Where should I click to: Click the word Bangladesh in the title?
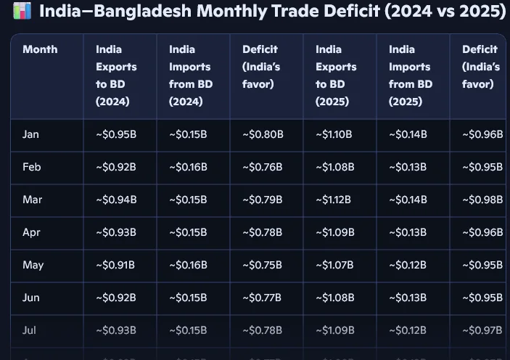pyautogui.click(x=137, y=12)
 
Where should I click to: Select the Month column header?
pyautogui.click(x=40, y=49)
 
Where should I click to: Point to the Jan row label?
pyautogui.click(x=31, y=134)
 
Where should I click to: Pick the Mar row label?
pyautogui.click(x=32, y=200)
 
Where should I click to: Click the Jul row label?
pyautogui.click(x=30, y=330)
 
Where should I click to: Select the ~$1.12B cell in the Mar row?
pyautogui.click(x=334, y=200)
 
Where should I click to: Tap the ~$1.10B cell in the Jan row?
pyautogui.click(x=334, y=134)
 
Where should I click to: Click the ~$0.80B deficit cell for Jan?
pyautogui.click(x=263, y=134)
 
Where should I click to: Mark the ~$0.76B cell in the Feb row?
pyautogui.click(x=263, y=167)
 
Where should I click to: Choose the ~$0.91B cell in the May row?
pyautogui.click(x=115, y=265)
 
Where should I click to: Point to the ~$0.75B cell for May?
pyautogui.click(x=263, y=265)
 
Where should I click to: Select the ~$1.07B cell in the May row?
pyautogui.click(x=334, y=265)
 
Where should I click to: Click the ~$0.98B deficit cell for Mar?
pyautogui.click(x=483, y=200)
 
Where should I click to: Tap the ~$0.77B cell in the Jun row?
pyautogui.click(x=262, y=298)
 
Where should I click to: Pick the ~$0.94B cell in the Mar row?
pyautogui.click(x=116, y=200)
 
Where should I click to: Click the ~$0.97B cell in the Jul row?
pyautogui.click(x=483, y=330)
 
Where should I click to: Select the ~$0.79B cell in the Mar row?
pyautogui.click(x=263, y=200)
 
